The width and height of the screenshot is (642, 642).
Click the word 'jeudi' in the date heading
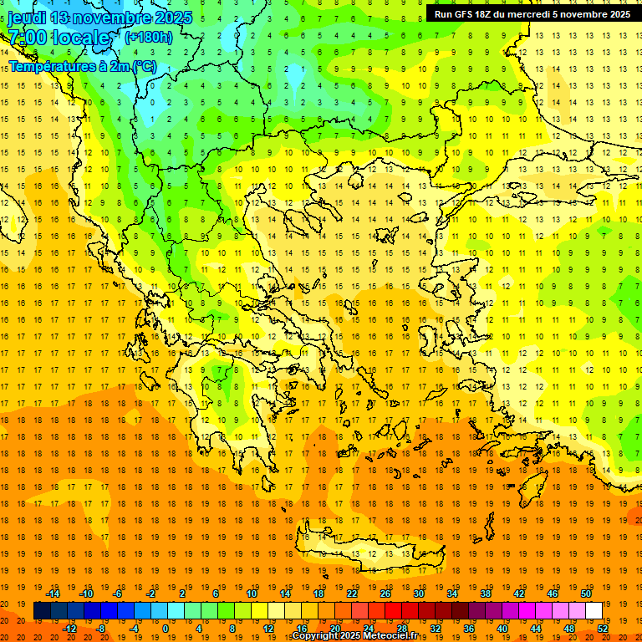point(28,18)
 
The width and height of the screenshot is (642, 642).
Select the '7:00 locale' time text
point(60,38)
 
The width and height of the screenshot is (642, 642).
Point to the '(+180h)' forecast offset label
point(149,37)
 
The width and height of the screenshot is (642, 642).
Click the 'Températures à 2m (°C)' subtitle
point(83,66)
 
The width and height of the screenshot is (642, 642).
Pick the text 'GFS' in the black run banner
point(466,14)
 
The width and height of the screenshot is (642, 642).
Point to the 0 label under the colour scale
point(165,629)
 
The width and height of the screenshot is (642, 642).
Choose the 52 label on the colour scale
point(603,629)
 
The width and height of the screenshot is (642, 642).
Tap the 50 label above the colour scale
point(585,594)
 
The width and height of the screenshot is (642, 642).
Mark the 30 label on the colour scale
point(418,594)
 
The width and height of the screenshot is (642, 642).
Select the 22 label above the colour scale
point(351,594)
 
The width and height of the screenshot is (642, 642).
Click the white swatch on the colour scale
point(594,611)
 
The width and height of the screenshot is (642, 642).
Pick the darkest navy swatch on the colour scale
point(42,611)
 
